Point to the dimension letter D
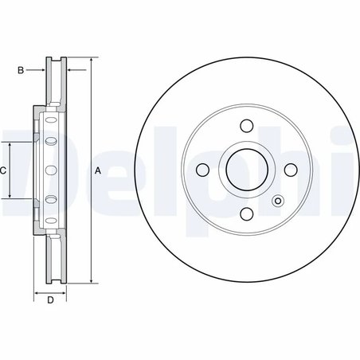49,299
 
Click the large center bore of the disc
246,169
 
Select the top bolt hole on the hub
246,125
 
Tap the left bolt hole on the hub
202,169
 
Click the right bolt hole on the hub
290,169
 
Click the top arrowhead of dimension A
90,61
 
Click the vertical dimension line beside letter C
10,170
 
